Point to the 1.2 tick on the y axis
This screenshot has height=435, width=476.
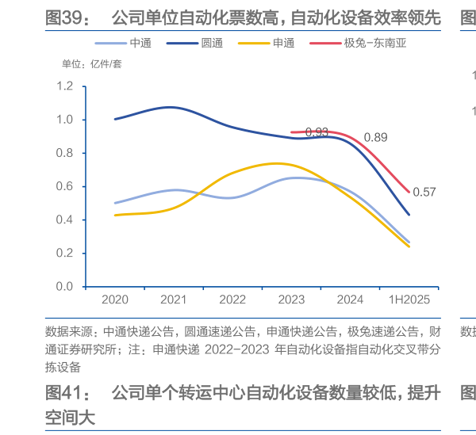coord(66,86)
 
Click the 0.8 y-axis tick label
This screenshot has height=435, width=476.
coord(66,153)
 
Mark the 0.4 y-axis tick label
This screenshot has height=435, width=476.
coord(66,220)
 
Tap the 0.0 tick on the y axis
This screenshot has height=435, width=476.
coord(66,287)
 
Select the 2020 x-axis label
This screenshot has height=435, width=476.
coord(115,300)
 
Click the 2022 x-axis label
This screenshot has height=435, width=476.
coord(232,300)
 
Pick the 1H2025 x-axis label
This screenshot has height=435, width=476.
coord(409,300)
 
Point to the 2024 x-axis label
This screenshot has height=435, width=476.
coord(350,300)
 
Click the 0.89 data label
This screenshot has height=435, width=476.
coord(375,138)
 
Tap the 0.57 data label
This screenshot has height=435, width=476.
coord(425,192)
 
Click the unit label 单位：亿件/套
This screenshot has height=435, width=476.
coord(93,64)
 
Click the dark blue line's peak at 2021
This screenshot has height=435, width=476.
coord(172,106)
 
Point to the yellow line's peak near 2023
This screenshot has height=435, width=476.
coord(274,163)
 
